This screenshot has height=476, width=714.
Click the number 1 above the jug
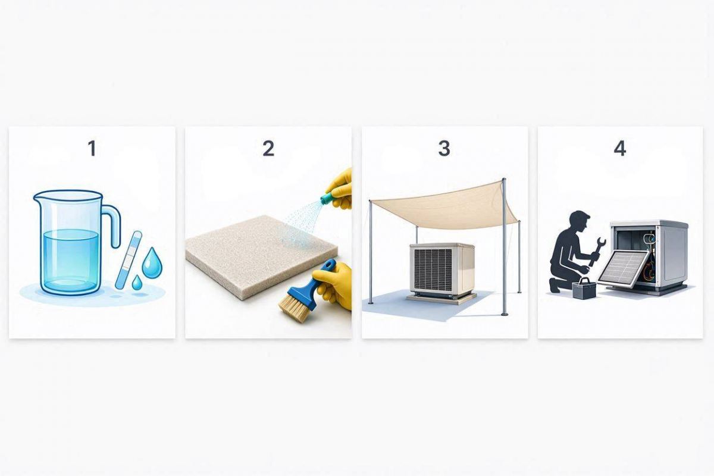coord(92,149)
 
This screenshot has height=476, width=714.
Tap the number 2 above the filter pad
coord(268,149)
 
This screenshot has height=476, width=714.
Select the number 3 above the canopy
coord(444,149)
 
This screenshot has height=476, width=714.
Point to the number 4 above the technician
coord(620,149)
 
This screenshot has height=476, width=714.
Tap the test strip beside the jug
coord(128,259)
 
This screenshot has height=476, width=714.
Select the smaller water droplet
coord(137,283)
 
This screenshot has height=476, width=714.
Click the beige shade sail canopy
coord(444,204)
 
